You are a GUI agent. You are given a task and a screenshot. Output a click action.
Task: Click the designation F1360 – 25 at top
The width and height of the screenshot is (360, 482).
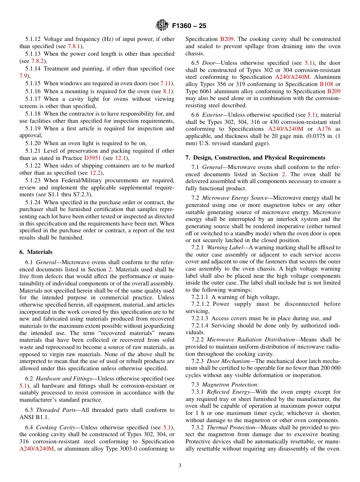(x=189, y=26)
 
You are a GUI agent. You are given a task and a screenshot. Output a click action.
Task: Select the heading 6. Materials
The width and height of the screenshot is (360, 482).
(x=36, y=252)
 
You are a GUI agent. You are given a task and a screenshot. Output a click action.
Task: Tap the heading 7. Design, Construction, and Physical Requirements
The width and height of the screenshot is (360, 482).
(x=255, y=157)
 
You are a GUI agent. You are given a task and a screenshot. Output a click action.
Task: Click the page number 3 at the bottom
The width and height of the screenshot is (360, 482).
(x=180, y=466)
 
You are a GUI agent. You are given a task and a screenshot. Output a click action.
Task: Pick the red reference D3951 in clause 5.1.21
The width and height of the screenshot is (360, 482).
(x=92, y=158)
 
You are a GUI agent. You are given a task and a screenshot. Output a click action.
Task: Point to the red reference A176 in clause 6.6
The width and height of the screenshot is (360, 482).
(x=324, y=129)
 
